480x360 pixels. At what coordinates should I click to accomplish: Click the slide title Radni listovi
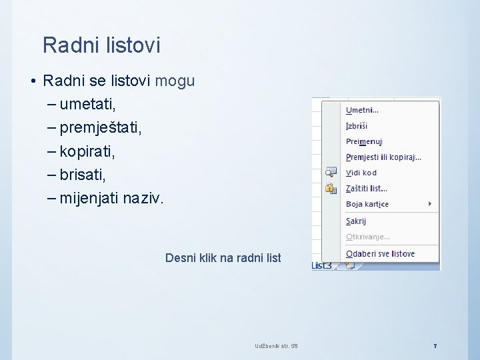coord(101,45)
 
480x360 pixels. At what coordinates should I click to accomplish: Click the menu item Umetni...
coord(362,110)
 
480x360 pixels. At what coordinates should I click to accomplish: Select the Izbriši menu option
coord(357,125)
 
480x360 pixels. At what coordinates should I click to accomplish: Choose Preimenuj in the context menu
coord(364,141)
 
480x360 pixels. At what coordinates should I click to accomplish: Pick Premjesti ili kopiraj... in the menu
coord(383,157)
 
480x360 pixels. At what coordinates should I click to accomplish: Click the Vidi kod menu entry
coord(361,173)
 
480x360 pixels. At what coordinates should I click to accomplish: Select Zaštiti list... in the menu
coord(366,189)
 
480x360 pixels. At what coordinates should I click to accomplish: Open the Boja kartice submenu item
coord(367,204)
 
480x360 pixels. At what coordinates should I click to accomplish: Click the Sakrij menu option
coord(356,221)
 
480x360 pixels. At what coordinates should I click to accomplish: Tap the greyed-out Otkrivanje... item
coord(368,237)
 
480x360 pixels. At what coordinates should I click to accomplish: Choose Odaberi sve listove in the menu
coord(380,254)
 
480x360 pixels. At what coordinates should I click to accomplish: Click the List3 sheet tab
coord(322,265)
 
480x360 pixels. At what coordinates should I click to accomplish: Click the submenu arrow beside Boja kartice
coord(430,203)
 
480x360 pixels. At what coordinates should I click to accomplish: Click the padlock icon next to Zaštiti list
coord(330,189)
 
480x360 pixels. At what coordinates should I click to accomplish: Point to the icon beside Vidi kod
coord(330,173)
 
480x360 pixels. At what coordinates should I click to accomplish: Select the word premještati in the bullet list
coord(100,127)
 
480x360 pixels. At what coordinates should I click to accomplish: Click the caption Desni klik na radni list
coord(223,257)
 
